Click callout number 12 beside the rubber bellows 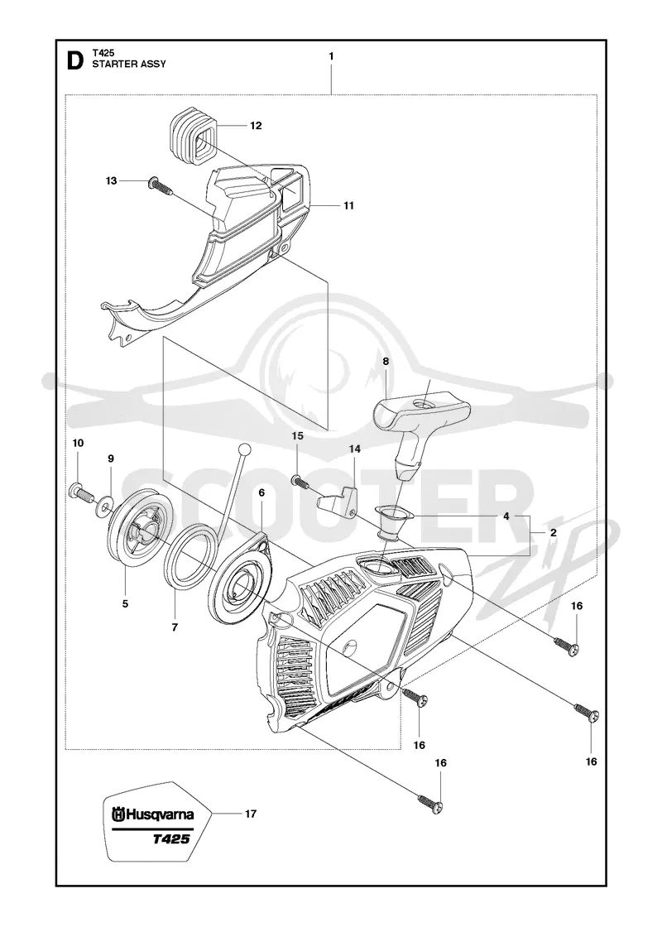click(256, 125)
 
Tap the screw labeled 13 click(158, 185)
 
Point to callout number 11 click(348, 206)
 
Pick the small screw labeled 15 click(300, 481)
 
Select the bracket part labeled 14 click(339, 497)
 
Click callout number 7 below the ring click(175, 628)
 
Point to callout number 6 click(261, 492)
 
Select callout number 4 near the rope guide click(506, 516)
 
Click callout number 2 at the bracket click(554, 533)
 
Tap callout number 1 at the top click(331, 56)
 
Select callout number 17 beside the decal click(251, 814)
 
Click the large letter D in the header click(75, 60)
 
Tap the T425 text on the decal click(172, 839)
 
